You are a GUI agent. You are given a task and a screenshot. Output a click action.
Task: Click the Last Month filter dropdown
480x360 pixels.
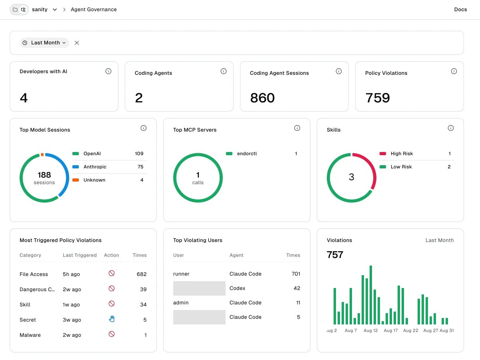pos(44,43)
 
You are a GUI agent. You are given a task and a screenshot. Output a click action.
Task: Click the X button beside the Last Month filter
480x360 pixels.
pos(76,43)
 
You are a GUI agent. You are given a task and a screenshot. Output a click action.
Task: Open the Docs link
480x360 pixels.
pos(460,9)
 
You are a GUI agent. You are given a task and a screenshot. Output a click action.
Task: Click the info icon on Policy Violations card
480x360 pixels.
pos(454,71)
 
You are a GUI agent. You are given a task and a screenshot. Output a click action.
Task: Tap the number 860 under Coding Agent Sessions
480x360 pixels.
pos(262,98)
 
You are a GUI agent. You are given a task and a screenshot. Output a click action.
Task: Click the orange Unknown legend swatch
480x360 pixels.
pos(76,180)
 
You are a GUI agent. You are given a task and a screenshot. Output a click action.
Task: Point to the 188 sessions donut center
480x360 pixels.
pos(44,178)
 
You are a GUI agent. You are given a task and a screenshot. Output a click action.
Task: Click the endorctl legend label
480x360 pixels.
pos(247,154)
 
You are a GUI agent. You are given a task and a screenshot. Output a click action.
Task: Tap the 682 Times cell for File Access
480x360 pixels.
pos(142,274)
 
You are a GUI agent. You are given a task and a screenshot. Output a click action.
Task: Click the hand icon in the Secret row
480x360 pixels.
pos(112,319)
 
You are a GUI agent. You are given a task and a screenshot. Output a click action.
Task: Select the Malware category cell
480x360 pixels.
pos(30,335)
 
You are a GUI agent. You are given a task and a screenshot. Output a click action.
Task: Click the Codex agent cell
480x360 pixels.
pos(237,288)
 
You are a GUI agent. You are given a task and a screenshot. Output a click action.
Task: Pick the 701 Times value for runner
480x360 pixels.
pos(296,274)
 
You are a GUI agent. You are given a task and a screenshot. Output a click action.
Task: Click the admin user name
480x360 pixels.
pos(181,303)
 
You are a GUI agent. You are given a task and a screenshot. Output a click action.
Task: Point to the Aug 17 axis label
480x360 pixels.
pos(390,330)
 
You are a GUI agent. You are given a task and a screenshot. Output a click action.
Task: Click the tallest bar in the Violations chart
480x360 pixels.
pos(371,295)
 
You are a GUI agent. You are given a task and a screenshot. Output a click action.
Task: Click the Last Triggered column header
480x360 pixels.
pos(80,255)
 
